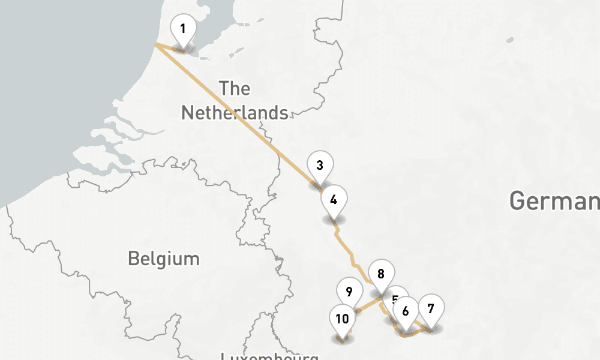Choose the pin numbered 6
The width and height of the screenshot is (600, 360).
point(406,312)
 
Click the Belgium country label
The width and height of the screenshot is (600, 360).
point(163,259)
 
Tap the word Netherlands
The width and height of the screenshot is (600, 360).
point(235,112)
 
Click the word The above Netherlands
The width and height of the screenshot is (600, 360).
point(235,89)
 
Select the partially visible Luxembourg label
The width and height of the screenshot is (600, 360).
point(269,356)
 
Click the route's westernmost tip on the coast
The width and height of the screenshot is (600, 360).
point(155,44)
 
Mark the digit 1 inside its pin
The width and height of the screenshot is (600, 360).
point(183,28)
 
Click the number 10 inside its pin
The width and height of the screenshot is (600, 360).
point(342,318)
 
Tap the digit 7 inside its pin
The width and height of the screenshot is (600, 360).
point(431,308)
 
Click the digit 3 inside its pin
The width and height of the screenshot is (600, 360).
point(320,165)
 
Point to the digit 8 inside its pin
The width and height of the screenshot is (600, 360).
point(381,274)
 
